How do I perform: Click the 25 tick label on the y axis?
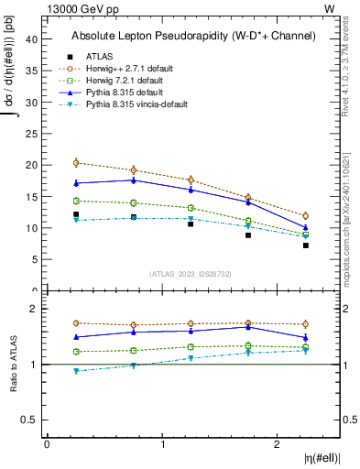point(33,134)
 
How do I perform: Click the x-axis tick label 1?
point(163,443)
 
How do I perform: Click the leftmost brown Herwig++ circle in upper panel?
point(76,163)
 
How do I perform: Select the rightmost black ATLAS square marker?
point(306,245)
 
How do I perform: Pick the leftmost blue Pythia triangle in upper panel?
point(76,183)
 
